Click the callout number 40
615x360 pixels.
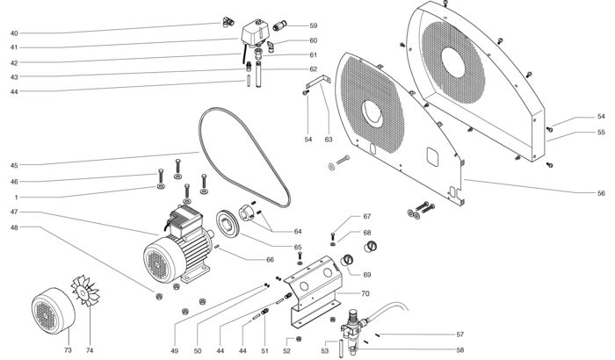(x=14, y=33)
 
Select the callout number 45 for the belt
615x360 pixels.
(x=14, y=165)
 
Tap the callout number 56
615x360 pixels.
(x=601, y=193)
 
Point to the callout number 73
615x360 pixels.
(x=68, y=350)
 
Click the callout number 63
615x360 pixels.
(x=329, y=140)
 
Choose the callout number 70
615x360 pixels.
(x=365, y=293)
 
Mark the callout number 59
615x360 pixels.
(x=314, y=25)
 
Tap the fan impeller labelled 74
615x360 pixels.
(x=85, y=291)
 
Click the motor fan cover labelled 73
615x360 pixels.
(x=54, y=311)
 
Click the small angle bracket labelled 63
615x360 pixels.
(x=318, y=82)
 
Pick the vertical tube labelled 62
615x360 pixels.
(x=258, y=74)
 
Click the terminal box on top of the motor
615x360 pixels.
(x=185, y=220)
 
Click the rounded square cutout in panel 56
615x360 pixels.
(x=432, y=157)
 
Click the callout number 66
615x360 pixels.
(x=270, y=260)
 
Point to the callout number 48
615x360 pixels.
(x=14, y=227)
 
